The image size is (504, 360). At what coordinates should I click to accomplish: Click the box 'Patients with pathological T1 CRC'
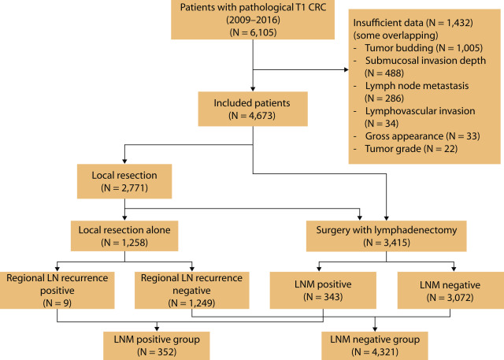[253, 20]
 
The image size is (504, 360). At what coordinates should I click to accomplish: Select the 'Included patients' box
[253, 109]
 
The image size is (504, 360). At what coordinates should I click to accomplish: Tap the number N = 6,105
[254, 32]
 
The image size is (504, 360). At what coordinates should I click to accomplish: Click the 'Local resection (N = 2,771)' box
[124, 181]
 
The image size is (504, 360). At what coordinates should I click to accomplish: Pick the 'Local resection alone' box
[124, 236]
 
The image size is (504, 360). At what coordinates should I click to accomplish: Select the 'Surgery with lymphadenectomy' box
[387, 236]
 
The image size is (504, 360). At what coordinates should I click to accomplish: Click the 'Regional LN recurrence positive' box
[57, 290]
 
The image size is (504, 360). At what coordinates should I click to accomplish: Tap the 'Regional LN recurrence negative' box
[192, 290]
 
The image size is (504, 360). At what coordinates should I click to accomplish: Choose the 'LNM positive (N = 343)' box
[323, 290]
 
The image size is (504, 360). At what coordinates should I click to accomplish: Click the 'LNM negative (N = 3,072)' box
[450, 290]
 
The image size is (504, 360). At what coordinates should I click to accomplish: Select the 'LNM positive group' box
[157, 346]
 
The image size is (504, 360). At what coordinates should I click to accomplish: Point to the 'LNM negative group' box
[375, 346]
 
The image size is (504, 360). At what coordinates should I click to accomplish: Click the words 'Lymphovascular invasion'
[420, 111]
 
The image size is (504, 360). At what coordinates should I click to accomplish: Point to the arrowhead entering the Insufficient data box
[346, 69]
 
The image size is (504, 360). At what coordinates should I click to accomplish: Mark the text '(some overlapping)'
[395, 35]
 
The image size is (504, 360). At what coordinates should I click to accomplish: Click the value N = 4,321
[375, 352]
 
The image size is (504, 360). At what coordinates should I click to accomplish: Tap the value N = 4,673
[252, 115]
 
